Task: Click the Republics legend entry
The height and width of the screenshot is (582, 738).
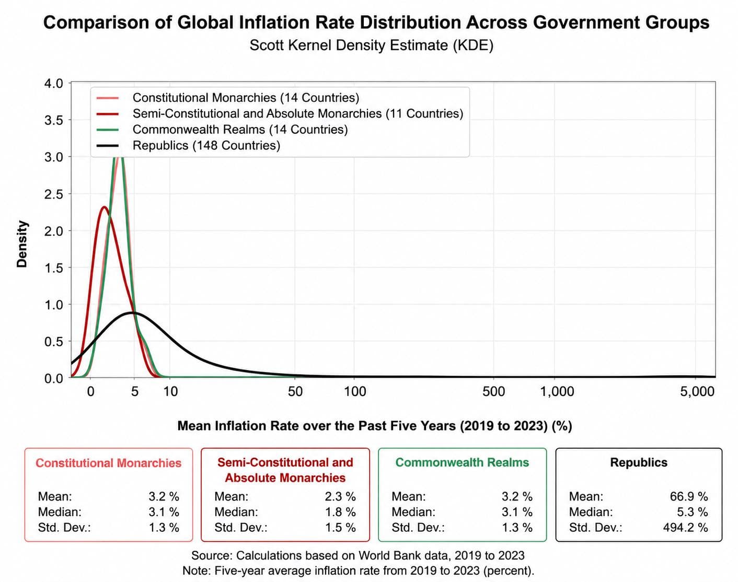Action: click(188, 145)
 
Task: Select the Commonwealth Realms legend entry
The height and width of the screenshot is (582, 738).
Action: click(222, 130)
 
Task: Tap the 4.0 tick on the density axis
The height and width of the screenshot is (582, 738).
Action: click(54, 83)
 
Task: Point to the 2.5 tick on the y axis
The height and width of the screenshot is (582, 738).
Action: click(54, 194)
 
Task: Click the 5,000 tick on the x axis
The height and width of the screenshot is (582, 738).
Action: click(697, 391)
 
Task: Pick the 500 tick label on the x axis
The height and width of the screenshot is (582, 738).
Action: click(493, 391)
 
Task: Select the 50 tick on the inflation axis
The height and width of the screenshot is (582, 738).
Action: click(295, 391)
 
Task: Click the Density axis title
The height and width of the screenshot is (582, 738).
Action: click(22, 243)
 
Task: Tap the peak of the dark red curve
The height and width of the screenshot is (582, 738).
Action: click(104, 207)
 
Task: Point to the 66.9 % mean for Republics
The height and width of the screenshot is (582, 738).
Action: click(689, 496)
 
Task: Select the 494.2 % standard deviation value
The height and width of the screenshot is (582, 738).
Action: click(686, 528)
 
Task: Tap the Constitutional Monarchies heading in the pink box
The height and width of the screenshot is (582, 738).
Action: click(108, 463)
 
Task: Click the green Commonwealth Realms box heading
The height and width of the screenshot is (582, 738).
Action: click(462, 462)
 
